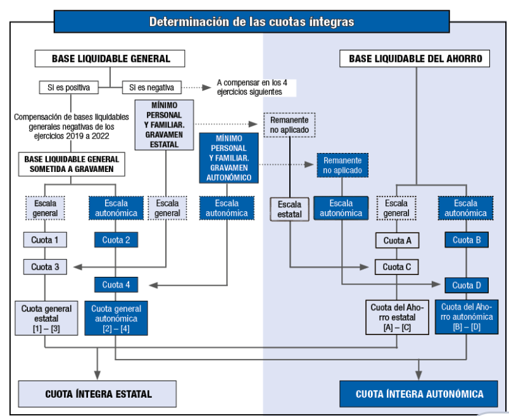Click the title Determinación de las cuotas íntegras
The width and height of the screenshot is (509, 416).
pyautogui.click(x=251, y=21)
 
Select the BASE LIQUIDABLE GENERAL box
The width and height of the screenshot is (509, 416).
pyautogui.click(x=110, y=58)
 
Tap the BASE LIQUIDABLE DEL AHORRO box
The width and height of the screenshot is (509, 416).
pyautogui.click(x=415, y=58)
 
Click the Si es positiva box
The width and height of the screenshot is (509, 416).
pyautogui.click(x=69, y=87)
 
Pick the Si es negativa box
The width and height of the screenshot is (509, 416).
pyautogui.click(x=151, y=87)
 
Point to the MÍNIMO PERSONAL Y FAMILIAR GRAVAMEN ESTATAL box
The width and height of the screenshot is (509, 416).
pyautogui.click(x=164, y=125)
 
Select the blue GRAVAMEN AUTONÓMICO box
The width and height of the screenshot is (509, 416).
pyautogui.click(x=229, y=158)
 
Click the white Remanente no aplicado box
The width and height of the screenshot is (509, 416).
pyautogui.click(x=289, y=125)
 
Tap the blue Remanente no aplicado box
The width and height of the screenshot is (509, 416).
pyautogui.click(x=342, y=166)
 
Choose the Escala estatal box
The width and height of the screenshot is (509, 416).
pyautogui.click(x=289, y=209)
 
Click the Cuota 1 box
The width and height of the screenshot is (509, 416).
pyautogui.click(x=45, y=240)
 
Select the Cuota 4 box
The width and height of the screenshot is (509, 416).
pyautogui.click(x=116, y=284)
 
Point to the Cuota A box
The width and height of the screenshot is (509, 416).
pyautogui.click(x=398, y=241)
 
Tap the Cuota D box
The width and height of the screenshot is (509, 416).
pyautogui.click(x=467, y=285)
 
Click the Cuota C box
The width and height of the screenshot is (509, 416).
pyautogui.click(x=397, y=267)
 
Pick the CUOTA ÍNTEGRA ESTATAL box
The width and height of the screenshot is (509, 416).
pyautogui.click(x=97, y=394)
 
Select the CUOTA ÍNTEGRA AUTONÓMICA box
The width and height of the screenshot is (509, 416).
pyautogui.click(x=418, y=394)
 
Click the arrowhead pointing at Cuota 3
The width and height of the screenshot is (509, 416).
pyautogui.click(x=78, y=267)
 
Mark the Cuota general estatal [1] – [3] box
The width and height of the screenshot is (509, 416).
pyautogui.click(x=46, y=318)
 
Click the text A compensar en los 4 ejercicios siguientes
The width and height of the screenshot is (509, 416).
pyautogui.click(x=252, y=87)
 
